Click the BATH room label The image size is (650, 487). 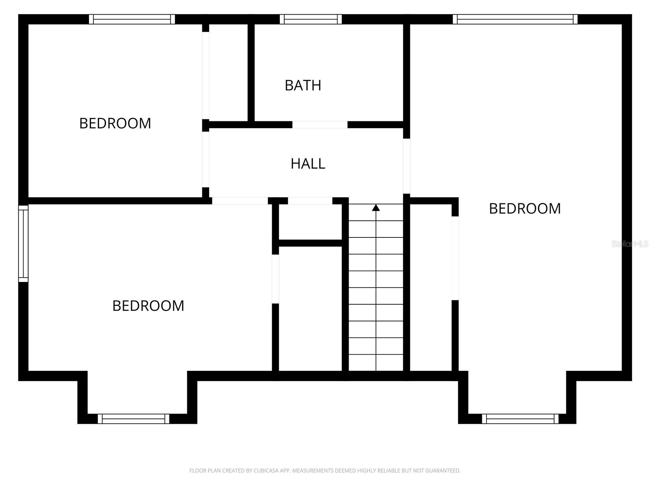(x=303, y=85)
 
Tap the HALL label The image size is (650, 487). (x=308, y=164)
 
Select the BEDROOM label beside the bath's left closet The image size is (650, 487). (x=115, y=123)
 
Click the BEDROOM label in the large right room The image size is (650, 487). (x=524, y=209)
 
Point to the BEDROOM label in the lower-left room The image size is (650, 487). (x=148, y=306)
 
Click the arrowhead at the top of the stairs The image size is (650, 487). (x=376, y=208)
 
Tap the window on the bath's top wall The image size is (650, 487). (x=311, y=19)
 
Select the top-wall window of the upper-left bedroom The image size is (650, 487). (x=132, y=19)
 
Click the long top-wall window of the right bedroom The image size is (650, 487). (x=515, y=19)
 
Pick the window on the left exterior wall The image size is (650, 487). (x=24, y=243)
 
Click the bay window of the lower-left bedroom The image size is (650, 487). (x=133, y=419)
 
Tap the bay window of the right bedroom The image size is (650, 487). (x=520, y=419)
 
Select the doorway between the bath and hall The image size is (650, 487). (x=320, y=125)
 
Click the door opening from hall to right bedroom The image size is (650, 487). (x=406, y=166)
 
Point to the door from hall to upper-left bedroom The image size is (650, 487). (x=206, y=159)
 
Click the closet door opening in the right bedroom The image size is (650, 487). (x=455, y=259)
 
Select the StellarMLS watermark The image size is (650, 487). (x=630, y=244)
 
